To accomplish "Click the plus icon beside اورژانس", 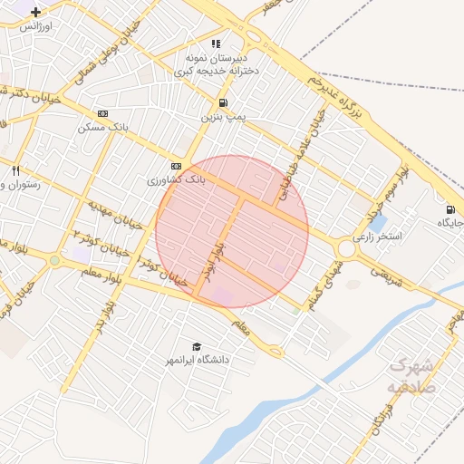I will (35, 13).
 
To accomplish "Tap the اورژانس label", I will (37, 26).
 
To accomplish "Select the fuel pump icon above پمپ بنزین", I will (223, 102).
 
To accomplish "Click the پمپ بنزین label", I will (223, 117).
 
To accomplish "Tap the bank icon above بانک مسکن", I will (102, 114).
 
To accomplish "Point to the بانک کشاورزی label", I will (177, 180).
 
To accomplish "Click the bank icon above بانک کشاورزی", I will (175, 166).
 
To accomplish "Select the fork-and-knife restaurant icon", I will (15, 170).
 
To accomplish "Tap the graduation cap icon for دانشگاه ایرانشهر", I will (196, 346).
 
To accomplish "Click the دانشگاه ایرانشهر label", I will (197, 360).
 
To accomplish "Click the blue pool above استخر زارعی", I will (380, 221).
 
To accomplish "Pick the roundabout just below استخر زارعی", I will (346, 249).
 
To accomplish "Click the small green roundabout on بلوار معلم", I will (54, 260).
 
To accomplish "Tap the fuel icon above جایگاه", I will (449, 208).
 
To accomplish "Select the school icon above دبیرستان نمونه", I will (216, 43).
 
